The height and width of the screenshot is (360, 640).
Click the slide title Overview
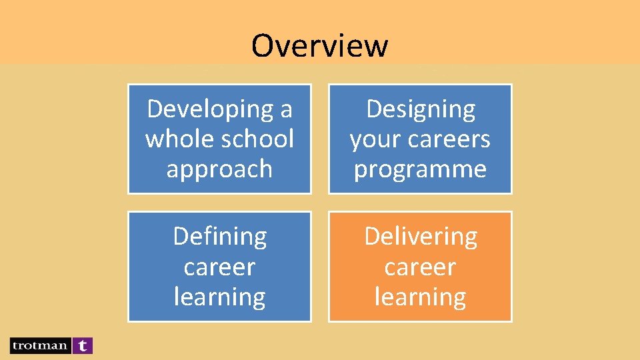pyautogui.click(x=319, y=45)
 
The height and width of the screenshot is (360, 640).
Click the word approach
pyautogui.click(x=219, y=169)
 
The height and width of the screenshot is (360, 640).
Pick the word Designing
pyautogui.click(x=421, y=109)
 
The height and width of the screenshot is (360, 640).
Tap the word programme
pyautogui.click(x=420, y=169)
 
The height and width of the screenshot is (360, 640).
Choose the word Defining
pyautogui.click(x=219, y=236)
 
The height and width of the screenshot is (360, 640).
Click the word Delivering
pyautogui.click(x=421, y=236)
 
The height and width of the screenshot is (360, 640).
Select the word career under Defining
pyautogui.click(x=219, y=267)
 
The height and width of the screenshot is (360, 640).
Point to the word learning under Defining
pyautogui.click(x=219, y=297)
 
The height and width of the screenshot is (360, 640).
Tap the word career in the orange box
pyautogui.click(x=420, y=267)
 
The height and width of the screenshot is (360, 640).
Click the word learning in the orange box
pyautogui.click(x=420, y=297)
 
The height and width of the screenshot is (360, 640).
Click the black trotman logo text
pyautogui.click(x=39, y=345)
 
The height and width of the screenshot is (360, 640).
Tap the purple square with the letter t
pyautogui.click(x=82, y=345)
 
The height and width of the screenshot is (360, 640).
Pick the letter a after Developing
pyautogui.click(x=286, y=109)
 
